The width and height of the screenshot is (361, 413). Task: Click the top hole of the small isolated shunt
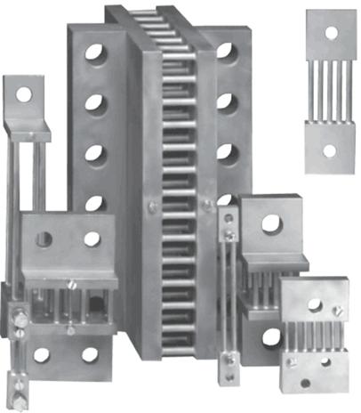(331, 33)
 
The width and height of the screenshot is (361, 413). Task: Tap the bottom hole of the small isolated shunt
(329, 150)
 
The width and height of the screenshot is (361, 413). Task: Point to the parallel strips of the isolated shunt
(330, 93)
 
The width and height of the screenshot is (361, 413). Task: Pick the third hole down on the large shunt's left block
(93, 152)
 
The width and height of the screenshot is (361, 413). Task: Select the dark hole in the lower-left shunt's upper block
(44, 239)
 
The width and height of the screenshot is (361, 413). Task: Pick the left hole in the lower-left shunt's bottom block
(42, 354)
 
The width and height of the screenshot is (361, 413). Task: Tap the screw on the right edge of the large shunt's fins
(205, 205)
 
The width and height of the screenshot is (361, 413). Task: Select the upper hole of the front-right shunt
(315, 306)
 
